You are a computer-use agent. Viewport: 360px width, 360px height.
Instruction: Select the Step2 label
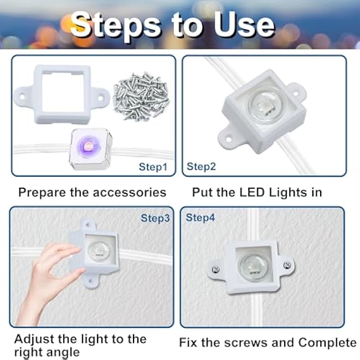click(x=201, y=166)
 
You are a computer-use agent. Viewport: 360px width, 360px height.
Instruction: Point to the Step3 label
click(x=155, y=218)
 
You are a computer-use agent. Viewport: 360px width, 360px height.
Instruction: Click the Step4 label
click(x=200, y=218)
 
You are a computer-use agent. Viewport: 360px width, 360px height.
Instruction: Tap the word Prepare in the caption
click(x=40, y=193)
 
